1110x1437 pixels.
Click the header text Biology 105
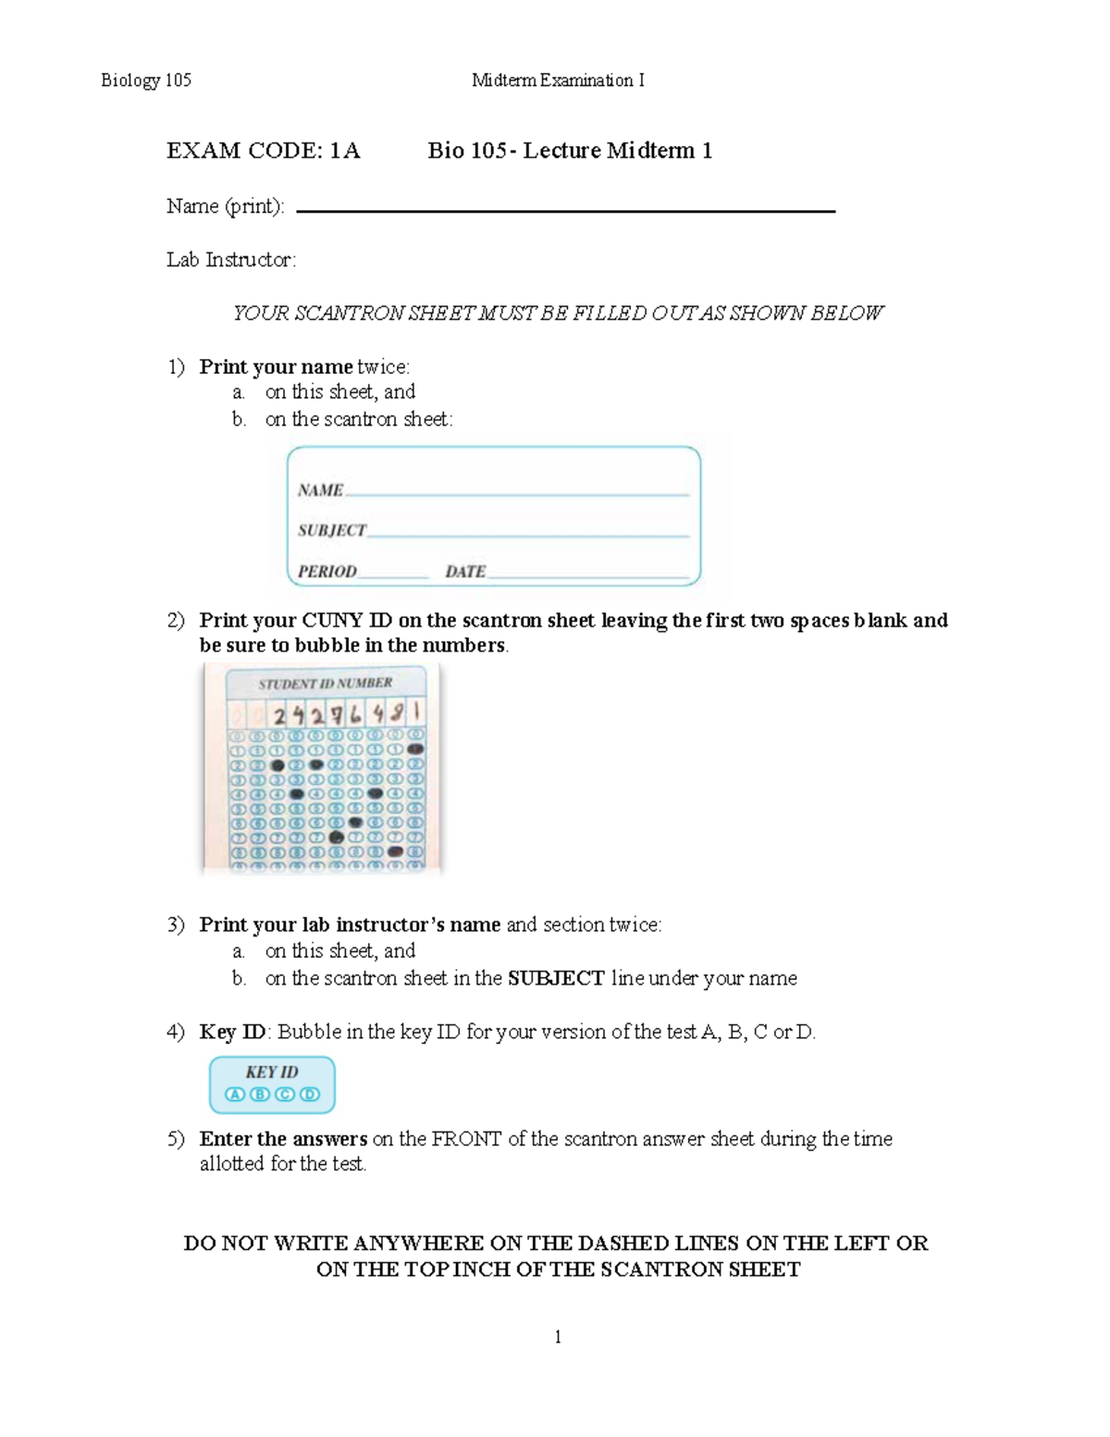(x=145, y=81)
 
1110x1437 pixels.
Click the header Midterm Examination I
(x=558, y=81)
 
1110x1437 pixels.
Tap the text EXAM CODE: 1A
(x=263, y=151)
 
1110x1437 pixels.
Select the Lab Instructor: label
(x=231, y=260)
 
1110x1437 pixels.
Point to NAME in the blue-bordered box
(x=320, y=490)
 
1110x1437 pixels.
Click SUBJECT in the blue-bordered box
(x=331, y=530)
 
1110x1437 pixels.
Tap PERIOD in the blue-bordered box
(x=327, y=572)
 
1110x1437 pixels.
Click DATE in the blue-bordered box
(x=465, y=572)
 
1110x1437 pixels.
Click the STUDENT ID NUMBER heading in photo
(x=325, y=683)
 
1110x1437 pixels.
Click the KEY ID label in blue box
(x=271, y=1072)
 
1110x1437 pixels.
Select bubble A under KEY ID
(x=235, y=1094)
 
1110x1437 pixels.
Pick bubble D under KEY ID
(x=310, y=1094)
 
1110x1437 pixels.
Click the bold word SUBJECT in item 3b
(x=556, y=978)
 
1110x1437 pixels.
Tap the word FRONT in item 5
(x=466, y=1139)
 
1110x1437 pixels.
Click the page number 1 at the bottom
(x=558, y=1336)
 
